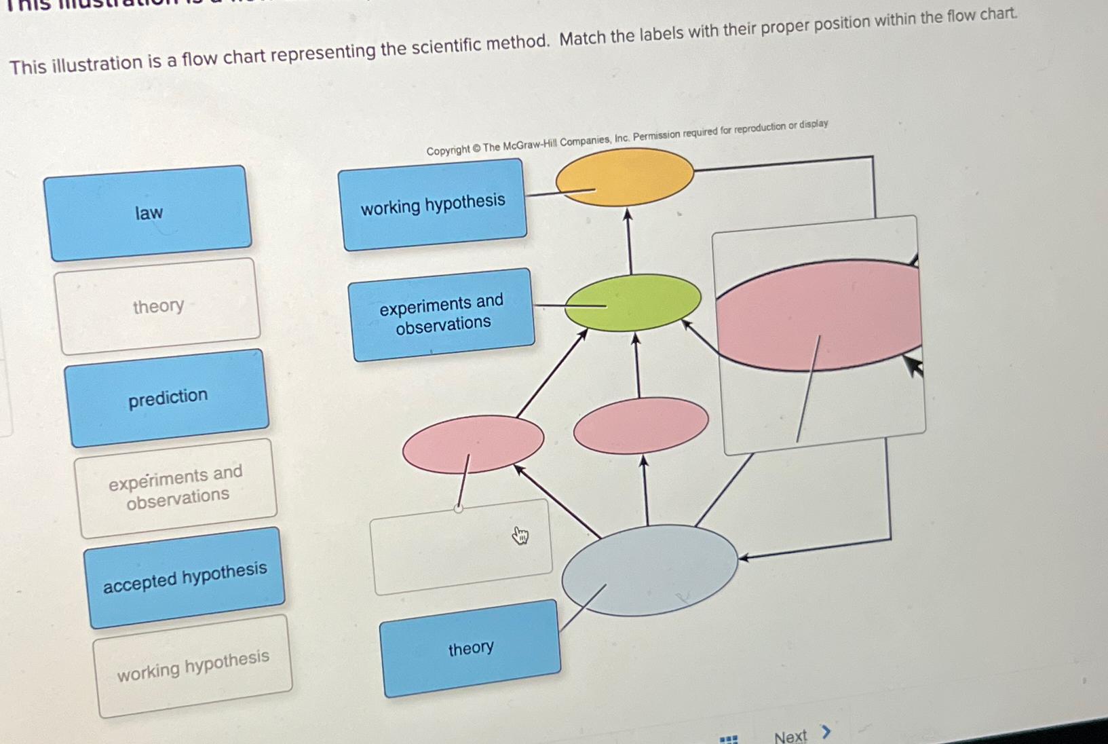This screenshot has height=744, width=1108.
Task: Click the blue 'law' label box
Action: (148, 213)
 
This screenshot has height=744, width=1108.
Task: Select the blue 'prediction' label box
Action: (168, 398)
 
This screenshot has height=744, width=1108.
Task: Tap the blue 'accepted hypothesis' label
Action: (185, 578)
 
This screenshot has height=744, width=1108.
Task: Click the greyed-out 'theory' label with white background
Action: (159, 306)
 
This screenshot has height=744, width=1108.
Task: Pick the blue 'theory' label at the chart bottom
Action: (471, 648)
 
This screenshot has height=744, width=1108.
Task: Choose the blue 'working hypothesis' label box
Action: (433, 204)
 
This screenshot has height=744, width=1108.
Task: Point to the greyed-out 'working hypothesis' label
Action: (193, 666)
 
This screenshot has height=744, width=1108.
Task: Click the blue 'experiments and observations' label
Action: (442, 314)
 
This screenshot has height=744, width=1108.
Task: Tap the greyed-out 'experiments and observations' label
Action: (176, 487)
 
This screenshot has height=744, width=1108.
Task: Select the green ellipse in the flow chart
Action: (632, 302)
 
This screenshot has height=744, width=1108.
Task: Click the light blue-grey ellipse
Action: (649, 570)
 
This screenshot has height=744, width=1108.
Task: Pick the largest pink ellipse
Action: (818, 315)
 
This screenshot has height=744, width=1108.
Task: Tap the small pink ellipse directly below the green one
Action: (641, 425)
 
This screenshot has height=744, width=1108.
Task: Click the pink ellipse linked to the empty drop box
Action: (473, 444)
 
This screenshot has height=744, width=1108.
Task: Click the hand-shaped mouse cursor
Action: (520, 536)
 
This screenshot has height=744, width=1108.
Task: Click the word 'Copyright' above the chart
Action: (447, 151)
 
